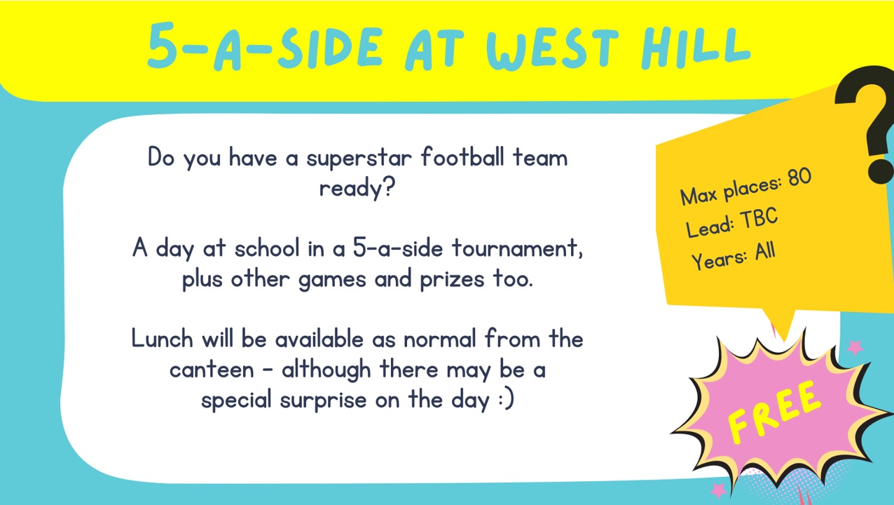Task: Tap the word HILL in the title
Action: tap(696, 47)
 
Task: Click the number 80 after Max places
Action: tap(799, 177)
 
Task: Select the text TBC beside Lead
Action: tap(759, 218)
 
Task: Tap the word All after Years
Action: tap(765, 252)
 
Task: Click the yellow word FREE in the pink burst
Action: tap(773, 412)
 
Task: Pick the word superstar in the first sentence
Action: tap(359, 159)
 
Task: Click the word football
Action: tap(463, 156)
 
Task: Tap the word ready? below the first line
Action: tap(357, 188)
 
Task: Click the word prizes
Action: tap(452, 279)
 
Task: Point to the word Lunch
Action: tap(162, 339)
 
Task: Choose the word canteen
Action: tap(212, 370)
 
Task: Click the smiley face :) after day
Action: tap(507, 400)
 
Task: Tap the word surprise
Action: tap(323, 400)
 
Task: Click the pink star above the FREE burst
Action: tap(855, 347)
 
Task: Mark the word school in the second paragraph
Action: tap(267, 248)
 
